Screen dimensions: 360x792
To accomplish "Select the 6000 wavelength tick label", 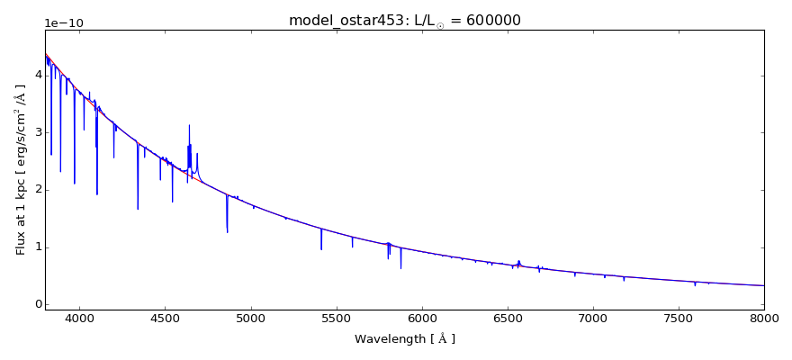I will click(x=421, y=318).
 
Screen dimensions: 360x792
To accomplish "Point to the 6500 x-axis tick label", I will click(x=507, y=318).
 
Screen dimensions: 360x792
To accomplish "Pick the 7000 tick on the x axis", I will click(x=593, y=318).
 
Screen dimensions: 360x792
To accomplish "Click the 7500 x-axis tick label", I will click(x=679, y=318).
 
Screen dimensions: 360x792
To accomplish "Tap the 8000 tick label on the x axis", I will click(x=763, y=318).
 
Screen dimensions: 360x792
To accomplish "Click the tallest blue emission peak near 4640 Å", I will click(x=189, y=126).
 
